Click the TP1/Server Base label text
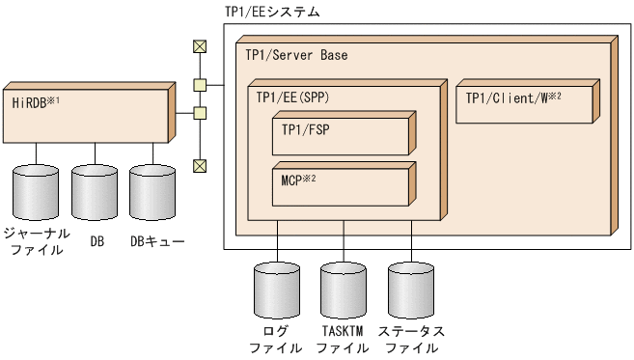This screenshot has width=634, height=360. click(x=296, y=56)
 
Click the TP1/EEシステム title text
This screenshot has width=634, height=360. click(x=272, y=13)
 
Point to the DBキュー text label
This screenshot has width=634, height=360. click(x=157, y=240)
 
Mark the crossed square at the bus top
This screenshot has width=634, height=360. click(x=200, y=45)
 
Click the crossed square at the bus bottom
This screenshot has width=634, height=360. click(x=200, y=165)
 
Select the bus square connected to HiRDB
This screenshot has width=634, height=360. click(x=200, y=114)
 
